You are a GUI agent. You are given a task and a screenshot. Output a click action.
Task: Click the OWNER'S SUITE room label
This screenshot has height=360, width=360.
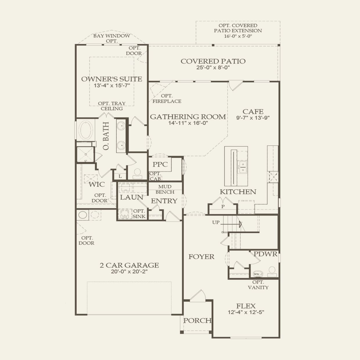(111, 79)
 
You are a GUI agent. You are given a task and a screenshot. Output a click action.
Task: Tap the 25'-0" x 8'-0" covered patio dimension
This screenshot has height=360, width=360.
(213, 67)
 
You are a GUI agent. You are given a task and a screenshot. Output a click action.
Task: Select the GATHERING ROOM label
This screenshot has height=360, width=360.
(188, 117)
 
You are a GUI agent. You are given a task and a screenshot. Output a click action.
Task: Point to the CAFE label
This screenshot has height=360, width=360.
(253, 111)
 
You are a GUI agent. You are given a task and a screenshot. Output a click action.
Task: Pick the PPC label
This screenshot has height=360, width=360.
(160, 164)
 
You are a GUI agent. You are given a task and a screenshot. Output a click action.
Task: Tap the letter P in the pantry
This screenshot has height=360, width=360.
(223, 207)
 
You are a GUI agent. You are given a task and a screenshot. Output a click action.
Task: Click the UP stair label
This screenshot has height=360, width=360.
(216, 222)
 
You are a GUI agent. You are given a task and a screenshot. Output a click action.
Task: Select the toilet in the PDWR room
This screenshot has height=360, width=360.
(272, 272)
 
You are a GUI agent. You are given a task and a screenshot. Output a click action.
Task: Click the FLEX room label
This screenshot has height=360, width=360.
(246, 306)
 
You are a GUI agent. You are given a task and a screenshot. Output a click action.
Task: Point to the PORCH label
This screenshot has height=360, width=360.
(197, 321)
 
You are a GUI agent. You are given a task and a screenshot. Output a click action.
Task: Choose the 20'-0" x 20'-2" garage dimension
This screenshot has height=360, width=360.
(129, 271)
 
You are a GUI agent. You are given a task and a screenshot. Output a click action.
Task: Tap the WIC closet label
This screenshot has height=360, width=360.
(97, 184)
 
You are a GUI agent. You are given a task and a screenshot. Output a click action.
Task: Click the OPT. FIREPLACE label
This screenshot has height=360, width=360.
(167, 98)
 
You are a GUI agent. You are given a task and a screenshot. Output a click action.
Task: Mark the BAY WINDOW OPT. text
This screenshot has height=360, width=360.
(111, 38)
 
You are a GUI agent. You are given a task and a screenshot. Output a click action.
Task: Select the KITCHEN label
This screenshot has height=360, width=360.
(238, 192)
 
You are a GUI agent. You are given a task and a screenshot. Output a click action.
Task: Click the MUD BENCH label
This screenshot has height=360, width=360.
(165, 189)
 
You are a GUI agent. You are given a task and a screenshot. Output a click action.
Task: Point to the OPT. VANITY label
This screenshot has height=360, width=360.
(258, 285)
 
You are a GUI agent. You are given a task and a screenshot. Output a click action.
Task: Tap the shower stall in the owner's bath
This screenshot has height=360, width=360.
(86, 154)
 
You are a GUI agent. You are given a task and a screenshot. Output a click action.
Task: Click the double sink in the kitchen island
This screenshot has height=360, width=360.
(243, 167)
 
